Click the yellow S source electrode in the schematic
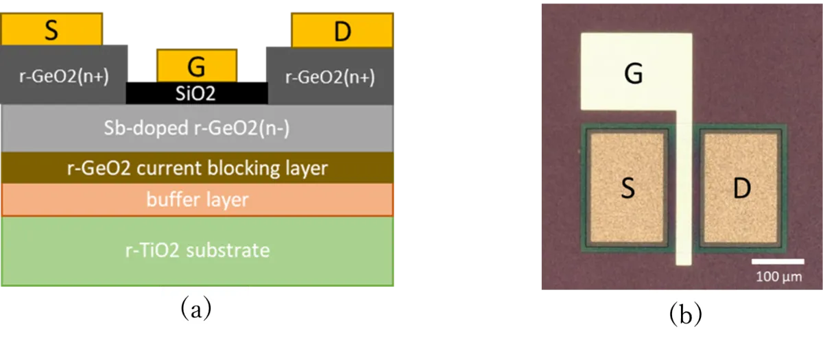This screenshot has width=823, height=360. [52, 29]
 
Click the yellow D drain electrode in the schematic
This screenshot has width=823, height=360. [342, 30]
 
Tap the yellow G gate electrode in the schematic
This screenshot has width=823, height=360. [197, 65]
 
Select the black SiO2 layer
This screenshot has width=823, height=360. [197, 93]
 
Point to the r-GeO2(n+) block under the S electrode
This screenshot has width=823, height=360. [64, 75]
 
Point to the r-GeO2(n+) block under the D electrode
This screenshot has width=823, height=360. [330, 76]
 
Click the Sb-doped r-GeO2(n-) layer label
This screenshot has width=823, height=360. [197, 128]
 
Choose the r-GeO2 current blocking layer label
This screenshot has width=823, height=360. [198, 168]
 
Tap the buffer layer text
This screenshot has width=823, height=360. [198, 200]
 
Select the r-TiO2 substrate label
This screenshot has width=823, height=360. [198, 250]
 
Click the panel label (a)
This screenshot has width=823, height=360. [196, 309]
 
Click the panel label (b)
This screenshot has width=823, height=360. [686, 315]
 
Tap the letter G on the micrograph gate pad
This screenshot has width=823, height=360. [634, 73]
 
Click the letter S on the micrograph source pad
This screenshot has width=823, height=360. [628, 188]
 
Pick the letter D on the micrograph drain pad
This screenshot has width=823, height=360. [742, 189]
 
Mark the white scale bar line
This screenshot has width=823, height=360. [778, 261]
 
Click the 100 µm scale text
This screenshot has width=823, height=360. [779, 276]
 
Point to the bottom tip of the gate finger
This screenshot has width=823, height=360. [684, 265]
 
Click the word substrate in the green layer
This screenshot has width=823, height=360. [228, 250]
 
